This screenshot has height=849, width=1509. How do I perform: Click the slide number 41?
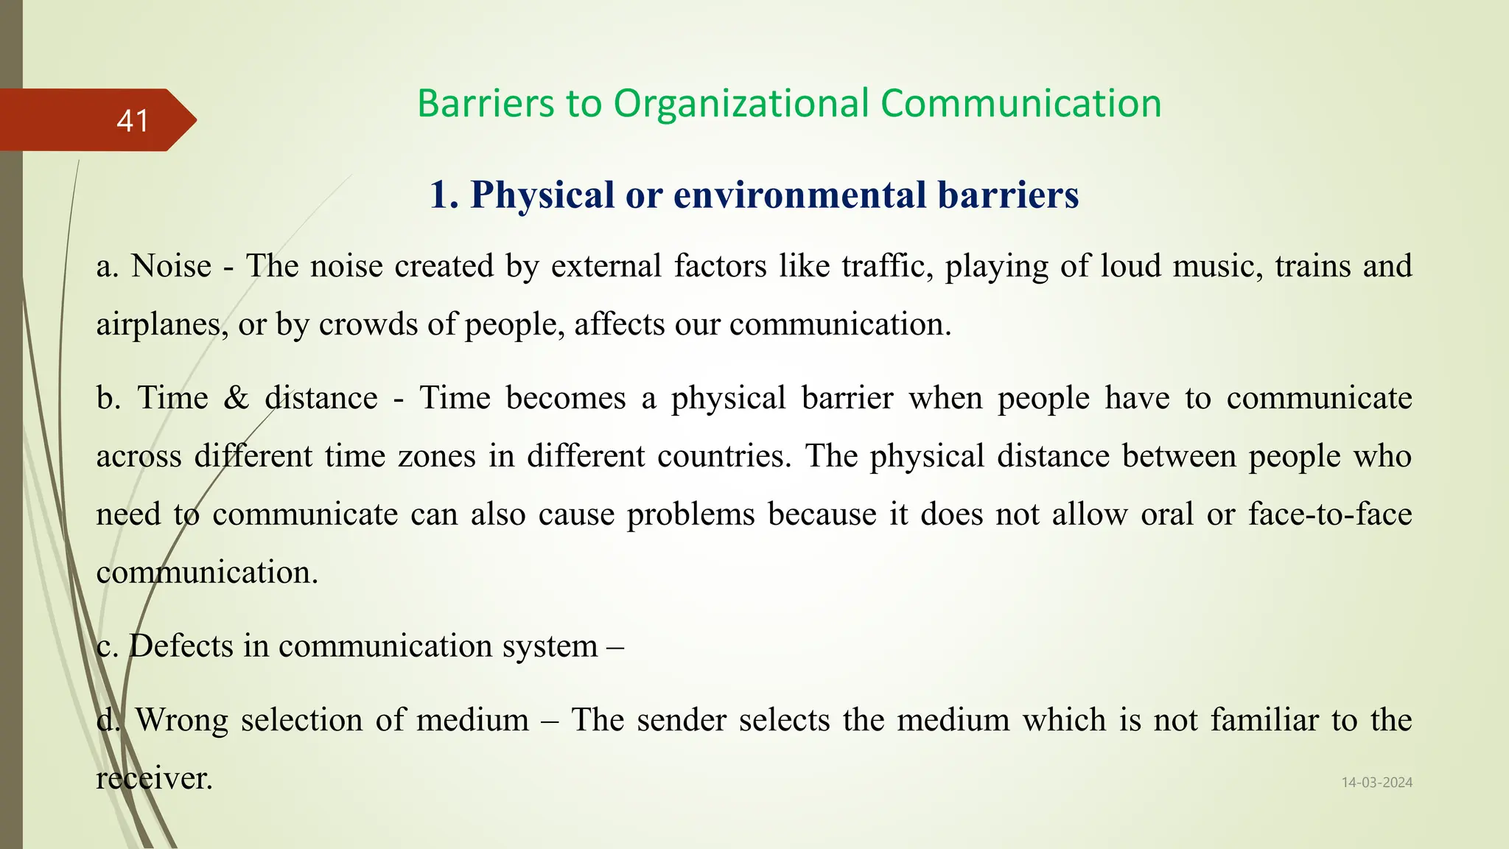[x=133, y=121]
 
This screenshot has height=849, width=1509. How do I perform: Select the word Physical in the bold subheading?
[x=542, y=195]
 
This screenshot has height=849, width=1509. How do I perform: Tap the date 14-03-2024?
[x=1376, y=783]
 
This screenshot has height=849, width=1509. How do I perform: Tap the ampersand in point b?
[x=237, y=398]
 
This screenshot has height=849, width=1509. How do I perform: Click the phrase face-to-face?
[x=1330, y=514]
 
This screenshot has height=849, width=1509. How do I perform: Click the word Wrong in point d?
[x=182, y=720]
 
